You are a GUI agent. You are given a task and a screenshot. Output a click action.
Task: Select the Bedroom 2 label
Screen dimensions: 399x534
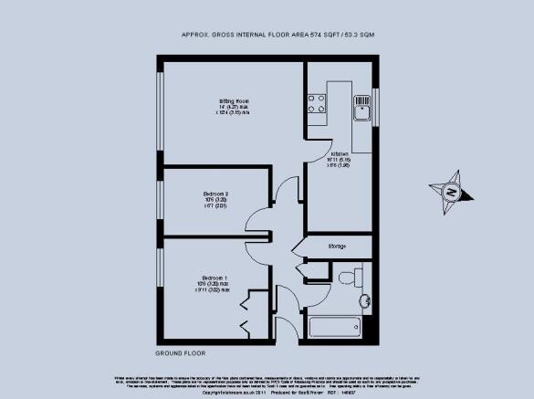tap(215, 193)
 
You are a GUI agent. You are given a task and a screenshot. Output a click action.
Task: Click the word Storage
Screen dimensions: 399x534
tap(338, 247)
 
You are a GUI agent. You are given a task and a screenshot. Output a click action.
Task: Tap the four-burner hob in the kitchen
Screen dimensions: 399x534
tap(317, 103)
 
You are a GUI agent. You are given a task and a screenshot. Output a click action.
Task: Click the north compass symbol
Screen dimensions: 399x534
tap(451, 192)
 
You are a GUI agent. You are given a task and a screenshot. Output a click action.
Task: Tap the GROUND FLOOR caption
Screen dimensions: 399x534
tap(181, 352)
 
